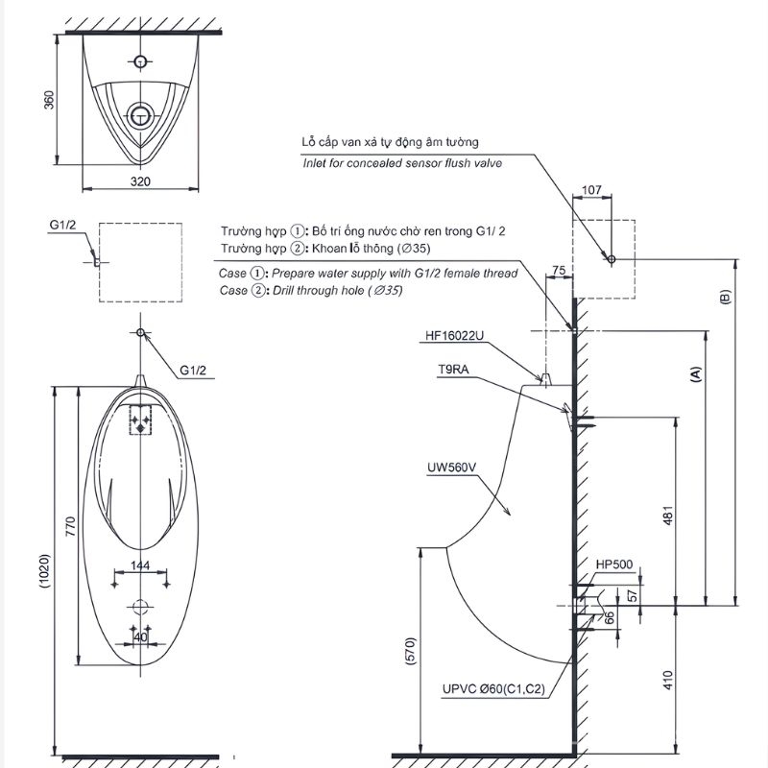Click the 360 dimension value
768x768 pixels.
[50, 100]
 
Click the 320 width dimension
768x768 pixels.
[140, 181]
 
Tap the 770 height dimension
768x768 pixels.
[70, 526]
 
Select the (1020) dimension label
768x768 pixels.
[44, 571]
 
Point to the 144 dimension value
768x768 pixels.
[140, 565]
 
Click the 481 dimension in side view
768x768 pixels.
[667, 516]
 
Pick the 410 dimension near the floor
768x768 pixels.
[667, 680]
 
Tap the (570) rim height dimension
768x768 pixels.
[411, 651]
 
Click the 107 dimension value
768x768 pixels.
[591, 189]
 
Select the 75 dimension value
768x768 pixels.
[559, 270]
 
